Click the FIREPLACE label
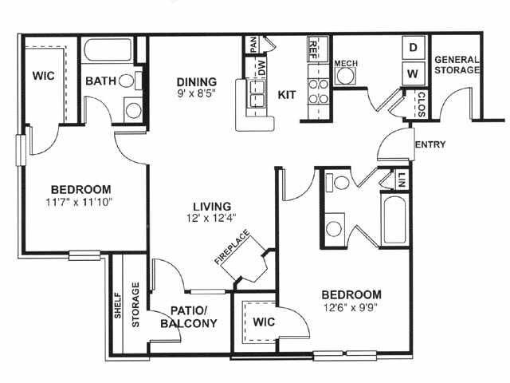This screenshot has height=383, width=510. [x=232, y=247]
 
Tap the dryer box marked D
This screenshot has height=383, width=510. [x=413, y=48]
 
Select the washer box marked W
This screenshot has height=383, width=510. [x=413, y=73]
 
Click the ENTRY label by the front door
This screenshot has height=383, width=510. [x=430, y=144]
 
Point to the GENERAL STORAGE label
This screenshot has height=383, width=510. [x=457, y=65]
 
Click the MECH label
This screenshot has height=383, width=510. [x=346, y=63]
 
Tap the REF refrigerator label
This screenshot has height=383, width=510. [x=313, y=49]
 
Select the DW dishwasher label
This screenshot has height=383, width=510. [x=261, y=68]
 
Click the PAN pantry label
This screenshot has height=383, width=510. [x=253, y=45]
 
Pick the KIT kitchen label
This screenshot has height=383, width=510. [x=287, y=95]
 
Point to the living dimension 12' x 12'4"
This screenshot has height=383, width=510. [x=211, y=218]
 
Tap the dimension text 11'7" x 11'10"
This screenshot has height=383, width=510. [x=79, y=202]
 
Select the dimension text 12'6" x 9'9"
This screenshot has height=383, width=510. [x=351, y=307]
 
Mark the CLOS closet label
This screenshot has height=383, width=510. [x=422, y=105]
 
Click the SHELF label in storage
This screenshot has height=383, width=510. [x=118, y=306]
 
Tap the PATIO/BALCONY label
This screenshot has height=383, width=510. [x=189, y=317]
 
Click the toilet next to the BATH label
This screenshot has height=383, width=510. [x=126, y=81]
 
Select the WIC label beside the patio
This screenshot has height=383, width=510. [x=264, y=322]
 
